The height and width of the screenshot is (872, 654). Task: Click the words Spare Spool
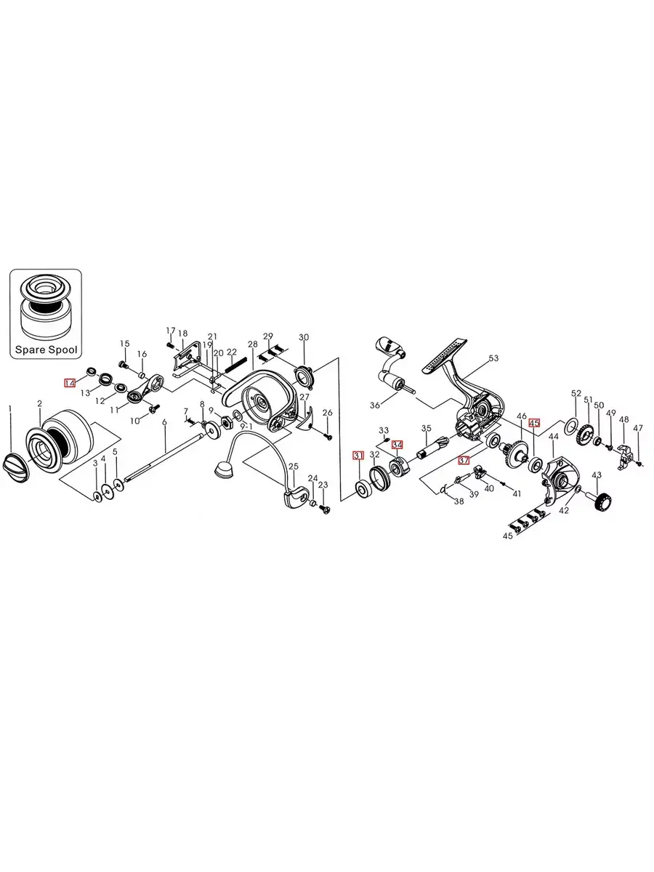tap(46, 350)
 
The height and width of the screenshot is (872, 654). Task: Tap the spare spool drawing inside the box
tap(46, 307)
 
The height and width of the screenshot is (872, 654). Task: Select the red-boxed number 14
tap(70, 383)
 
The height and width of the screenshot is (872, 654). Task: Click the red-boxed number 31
tap(358, 456)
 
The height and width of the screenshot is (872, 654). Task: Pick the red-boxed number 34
tap(397, 444)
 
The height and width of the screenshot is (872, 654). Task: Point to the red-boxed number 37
tap(464, 461)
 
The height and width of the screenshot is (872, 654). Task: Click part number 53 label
tap(493, 358)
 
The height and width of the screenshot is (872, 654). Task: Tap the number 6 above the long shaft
tap(164, 421)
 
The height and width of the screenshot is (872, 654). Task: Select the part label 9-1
tap(246, 427)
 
